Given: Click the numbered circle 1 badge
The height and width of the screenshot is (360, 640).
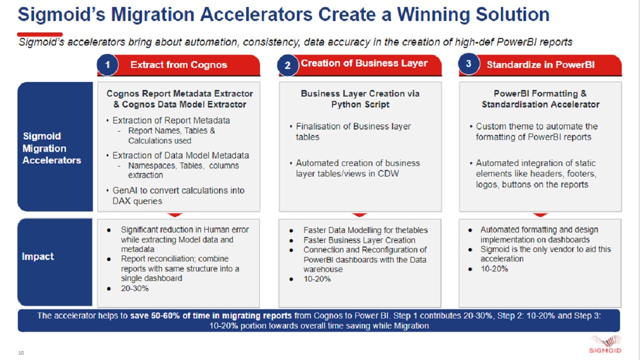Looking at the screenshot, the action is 107,64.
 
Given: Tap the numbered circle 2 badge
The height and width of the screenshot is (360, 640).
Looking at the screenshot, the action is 287,65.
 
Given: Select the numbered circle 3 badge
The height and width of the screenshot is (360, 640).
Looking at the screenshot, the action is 468,63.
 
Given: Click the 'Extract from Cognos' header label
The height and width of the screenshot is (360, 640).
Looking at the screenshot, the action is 178,65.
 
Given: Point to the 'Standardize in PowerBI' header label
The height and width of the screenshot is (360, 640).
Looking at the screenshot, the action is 540,65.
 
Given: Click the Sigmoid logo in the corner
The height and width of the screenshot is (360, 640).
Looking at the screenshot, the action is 605,344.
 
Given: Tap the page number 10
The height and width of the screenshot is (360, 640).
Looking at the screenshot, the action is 21,353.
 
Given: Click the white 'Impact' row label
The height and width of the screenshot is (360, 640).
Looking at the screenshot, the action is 37,256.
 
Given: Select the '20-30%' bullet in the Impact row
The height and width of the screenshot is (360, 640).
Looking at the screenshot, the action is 134,288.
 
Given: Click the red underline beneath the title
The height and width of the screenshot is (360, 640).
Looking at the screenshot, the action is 39,34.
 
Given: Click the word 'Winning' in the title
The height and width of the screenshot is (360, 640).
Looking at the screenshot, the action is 433,14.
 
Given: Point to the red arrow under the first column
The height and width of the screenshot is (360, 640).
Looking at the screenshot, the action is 174,214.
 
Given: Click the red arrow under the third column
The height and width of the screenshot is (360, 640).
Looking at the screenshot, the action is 540,214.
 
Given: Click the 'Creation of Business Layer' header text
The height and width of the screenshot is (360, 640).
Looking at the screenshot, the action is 364,63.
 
